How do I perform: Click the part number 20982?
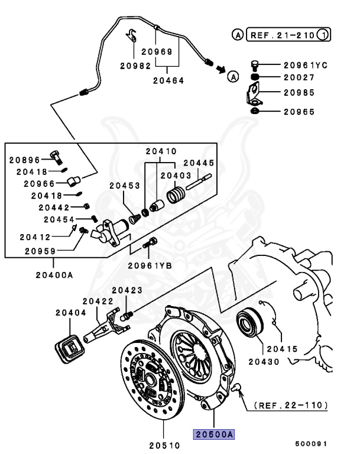[135, 66]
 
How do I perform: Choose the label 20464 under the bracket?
[168, 80]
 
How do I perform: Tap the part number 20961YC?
[305, 65]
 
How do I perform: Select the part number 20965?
[299, 111]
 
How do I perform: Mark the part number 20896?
[24, 160]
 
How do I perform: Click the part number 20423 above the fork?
[128, 290]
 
